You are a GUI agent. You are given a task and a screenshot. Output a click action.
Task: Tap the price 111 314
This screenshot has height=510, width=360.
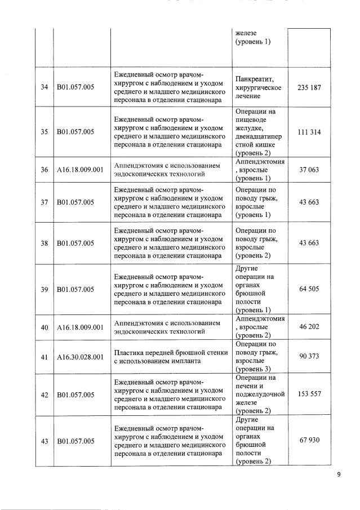coord(309,132)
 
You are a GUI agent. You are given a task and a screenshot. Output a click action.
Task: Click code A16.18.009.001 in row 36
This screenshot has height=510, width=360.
coord(80,170)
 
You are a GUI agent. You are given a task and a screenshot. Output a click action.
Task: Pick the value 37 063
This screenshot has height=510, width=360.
coord(309,170)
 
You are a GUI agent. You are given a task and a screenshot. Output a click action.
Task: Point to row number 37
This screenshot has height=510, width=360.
coord(44,202)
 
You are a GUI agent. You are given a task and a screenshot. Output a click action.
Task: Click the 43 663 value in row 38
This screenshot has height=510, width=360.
coord(309,243)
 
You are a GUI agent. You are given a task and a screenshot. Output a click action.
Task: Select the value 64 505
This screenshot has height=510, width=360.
coord(309,289)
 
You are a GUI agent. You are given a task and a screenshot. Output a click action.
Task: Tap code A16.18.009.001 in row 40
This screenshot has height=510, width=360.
coord(80,327)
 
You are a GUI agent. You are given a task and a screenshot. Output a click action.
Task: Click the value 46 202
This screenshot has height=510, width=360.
coord(309,327)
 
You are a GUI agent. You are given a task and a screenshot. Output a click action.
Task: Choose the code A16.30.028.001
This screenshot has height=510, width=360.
coord(80,357)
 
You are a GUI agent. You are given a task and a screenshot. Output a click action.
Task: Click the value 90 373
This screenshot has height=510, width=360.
coord(309,356)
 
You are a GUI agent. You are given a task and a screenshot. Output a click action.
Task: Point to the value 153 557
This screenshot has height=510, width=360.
coord(309,394)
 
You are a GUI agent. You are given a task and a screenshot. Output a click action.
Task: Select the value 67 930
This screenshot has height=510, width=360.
coord(309,440)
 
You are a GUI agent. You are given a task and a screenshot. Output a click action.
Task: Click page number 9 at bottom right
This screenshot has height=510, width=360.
coord(339,475)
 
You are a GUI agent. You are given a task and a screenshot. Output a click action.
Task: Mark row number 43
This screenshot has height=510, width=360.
coord(44,441)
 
